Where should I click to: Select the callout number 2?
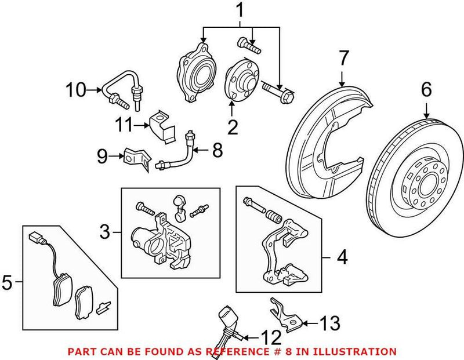[233, 126]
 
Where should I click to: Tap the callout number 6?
[426, 90]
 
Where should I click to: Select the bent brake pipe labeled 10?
[119, 87]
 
